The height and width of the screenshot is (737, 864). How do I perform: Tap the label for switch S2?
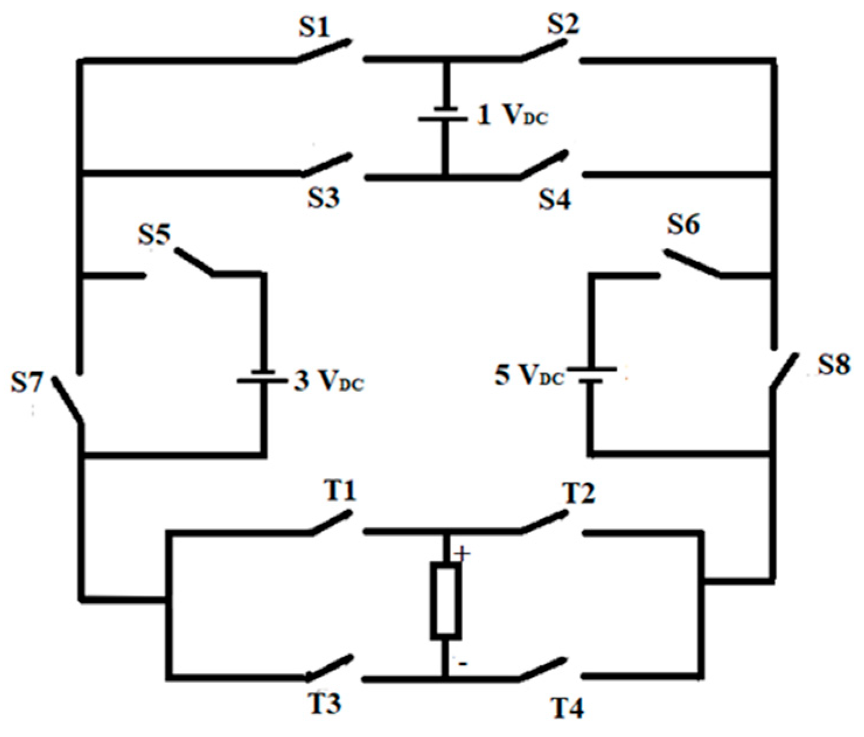563,25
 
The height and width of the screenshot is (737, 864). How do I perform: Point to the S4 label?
554,200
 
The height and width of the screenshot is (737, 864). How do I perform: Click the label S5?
154,235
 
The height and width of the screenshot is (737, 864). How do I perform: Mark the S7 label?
27,384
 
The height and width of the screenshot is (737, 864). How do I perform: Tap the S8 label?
834,366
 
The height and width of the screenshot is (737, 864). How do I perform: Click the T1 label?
340,491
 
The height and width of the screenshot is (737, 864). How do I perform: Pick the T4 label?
567,709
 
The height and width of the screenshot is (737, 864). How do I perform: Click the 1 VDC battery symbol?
444,114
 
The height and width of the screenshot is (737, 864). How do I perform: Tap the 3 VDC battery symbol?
262,377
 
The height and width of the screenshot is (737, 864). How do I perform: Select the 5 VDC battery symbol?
592,374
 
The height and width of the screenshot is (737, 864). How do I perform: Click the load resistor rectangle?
445,600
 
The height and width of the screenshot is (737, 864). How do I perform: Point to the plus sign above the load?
462,553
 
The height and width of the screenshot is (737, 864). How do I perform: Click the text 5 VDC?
529,376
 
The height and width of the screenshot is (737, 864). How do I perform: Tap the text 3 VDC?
329,381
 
